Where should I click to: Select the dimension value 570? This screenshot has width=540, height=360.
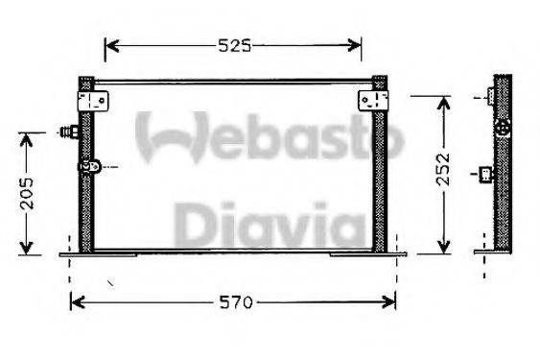(x=234, y=302)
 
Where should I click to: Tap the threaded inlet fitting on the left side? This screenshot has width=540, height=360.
(x=69, y=132)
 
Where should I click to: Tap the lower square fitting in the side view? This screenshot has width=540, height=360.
(x=487, y=175)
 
